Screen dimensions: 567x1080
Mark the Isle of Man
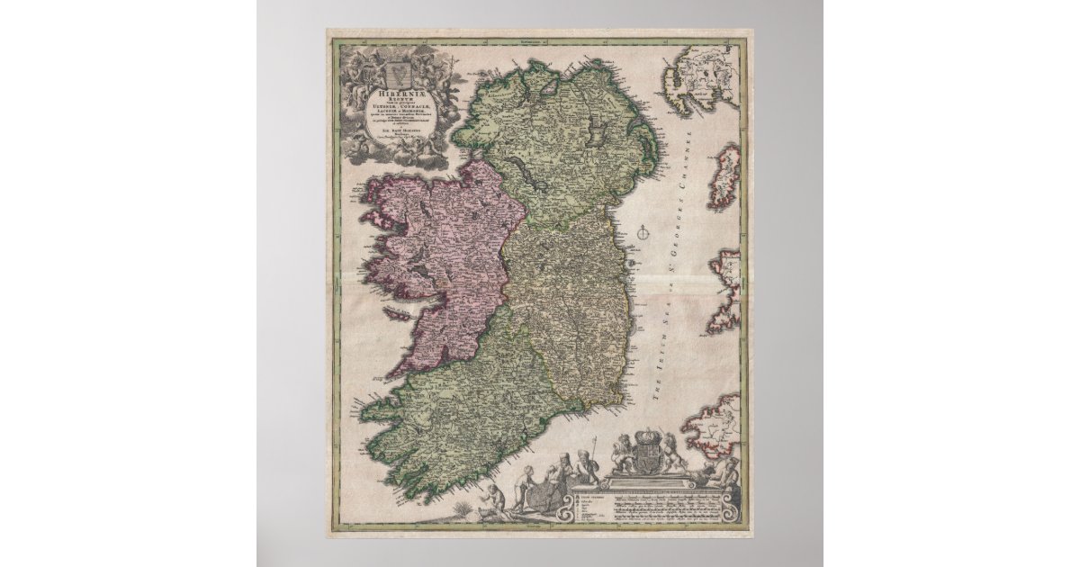pos(723,175)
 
